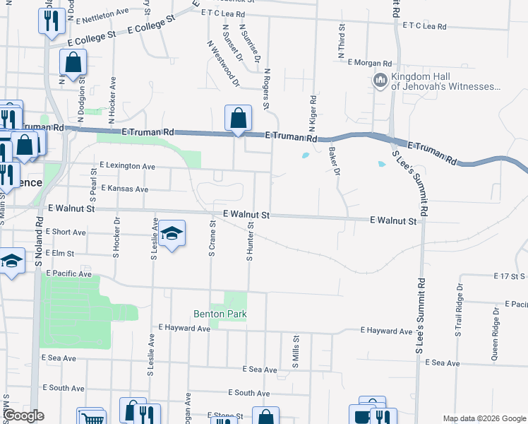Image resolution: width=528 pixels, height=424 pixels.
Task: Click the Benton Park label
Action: click(220, 314)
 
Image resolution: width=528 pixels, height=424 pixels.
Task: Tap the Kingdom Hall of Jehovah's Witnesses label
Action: click(445, 82)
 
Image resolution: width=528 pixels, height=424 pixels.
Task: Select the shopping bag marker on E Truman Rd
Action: click(238, 117)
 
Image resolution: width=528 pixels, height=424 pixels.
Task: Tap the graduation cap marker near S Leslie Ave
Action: click(170, 233)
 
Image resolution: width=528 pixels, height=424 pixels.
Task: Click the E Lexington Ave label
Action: click(127, 166)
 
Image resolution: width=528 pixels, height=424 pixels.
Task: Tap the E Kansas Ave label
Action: click(125, 189)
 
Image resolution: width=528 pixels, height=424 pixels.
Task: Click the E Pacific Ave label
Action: click(69, 273)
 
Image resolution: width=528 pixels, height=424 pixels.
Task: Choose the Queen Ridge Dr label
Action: click(495, 338)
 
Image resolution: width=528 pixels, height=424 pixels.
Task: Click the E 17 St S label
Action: click(510, 276)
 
